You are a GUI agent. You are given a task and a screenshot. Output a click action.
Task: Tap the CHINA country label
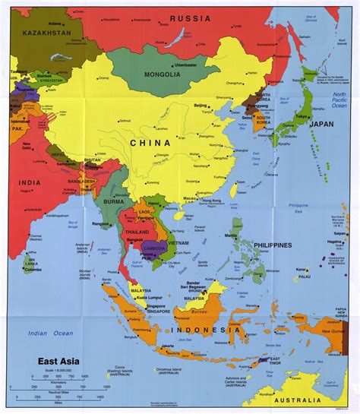[x=149, y=142]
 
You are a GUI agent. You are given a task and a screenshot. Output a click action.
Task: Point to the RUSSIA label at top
[x=190, y=18]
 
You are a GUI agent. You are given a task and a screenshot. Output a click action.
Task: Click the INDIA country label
[x=30, y=182]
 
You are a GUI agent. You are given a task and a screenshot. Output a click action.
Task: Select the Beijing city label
[x=201, y=105]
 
